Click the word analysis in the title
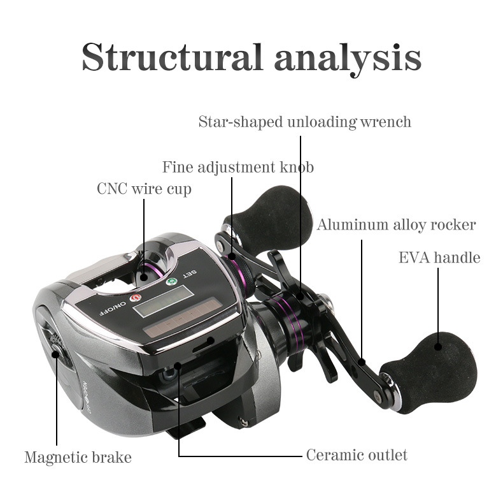(348, 57)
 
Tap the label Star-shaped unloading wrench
(304, 121)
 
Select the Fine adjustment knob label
(237, 167)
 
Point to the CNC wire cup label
(144, 189)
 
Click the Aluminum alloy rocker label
(396, 224)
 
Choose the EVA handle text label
(439, 258)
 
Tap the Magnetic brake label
(78, 457)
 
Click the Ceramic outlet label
(357, 455)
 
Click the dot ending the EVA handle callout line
(439, 347)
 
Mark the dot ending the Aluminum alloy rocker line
(362, 362)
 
